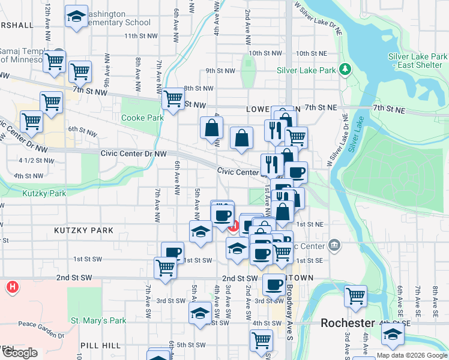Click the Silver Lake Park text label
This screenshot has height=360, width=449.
[306, 70]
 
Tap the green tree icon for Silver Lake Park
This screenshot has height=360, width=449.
[346, 70]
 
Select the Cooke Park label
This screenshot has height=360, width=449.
[142, 118]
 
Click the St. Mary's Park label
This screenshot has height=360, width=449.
[98, 320]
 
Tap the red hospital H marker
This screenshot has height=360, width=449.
[11, 287]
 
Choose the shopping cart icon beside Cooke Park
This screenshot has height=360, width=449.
[173, 99]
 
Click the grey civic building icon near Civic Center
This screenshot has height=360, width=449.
[334, 245]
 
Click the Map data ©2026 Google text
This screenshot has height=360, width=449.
[412, 355]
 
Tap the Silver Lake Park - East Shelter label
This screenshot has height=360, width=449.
[418, 61]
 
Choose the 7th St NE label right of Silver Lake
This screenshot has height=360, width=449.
[389, 109]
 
